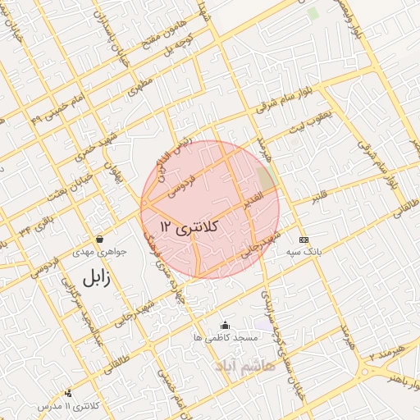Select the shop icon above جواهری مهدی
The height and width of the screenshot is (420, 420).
click(99, 239)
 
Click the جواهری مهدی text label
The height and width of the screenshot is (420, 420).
click(98, 252)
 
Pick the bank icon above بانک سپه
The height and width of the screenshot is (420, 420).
click(304, 240)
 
